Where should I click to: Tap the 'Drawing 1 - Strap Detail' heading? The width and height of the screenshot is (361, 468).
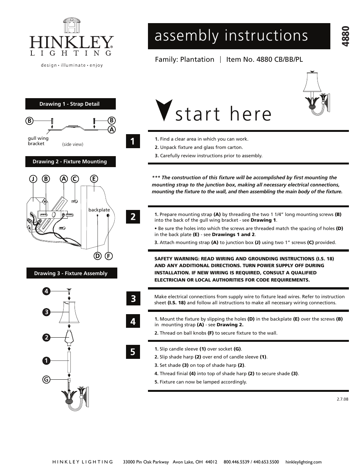pos(70,104)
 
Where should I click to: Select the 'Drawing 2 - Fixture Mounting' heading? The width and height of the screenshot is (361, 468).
pos(70,161)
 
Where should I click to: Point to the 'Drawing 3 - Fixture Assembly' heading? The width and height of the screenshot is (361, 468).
pos(71,273)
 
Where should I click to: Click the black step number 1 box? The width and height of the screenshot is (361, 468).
pos(132,141)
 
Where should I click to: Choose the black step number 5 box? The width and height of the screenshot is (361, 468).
pos(132,352)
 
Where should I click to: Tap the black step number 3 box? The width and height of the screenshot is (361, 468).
pos(132,299)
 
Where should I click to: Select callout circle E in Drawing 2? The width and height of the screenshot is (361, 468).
pos(93,179)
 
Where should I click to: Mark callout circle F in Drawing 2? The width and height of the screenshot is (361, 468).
pos(109,256)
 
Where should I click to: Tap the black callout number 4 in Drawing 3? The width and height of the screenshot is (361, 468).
pos(46,291)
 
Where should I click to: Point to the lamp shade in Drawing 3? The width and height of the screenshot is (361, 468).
pos(69,312)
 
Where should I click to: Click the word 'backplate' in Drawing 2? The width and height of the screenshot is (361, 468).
pos(99,210)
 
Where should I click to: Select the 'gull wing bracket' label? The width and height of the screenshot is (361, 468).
pos(38,141)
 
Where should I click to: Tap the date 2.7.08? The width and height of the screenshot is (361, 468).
pos(342,399)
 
